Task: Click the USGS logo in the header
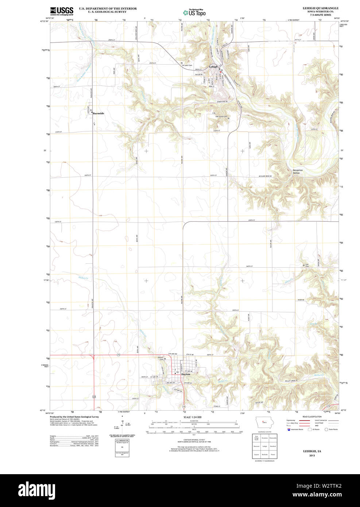point(62,11)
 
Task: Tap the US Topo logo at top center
point(194,12)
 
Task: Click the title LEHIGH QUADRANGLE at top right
point(320,8)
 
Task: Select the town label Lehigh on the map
point(213,67)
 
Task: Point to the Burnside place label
point(98,113)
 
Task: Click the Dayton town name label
point(186,374)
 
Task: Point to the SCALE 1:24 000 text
point(192,417)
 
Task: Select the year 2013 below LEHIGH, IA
point(312,456)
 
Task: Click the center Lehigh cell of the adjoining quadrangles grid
point(265,446)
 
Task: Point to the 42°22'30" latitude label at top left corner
point(44,21)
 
